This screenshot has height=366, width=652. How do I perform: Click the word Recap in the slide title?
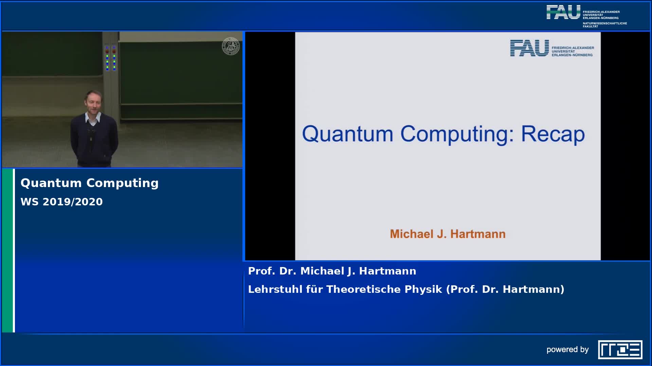553,134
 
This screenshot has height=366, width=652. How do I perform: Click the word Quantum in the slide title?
347,134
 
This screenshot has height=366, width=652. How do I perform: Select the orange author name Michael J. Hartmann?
448,234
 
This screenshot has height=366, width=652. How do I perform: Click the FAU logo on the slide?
552,48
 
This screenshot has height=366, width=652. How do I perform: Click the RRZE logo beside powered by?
620,349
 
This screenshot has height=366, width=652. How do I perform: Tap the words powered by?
567,350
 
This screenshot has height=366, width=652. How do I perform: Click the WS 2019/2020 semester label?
61,202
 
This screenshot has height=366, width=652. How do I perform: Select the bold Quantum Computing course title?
90,183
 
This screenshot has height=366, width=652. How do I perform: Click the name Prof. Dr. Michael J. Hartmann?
332,271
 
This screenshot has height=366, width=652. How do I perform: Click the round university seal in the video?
231,46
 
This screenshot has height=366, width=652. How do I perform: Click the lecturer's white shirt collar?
93,118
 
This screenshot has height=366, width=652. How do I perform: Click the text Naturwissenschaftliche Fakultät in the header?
605,25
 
